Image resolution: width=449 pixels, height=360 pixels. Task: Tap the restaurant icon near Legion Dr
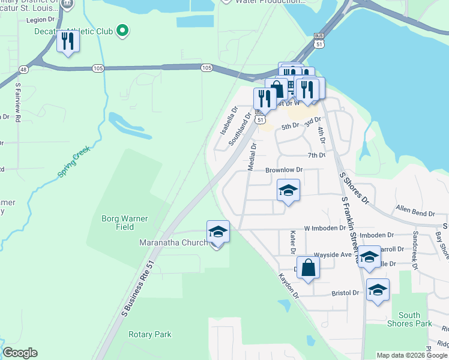point(67,41)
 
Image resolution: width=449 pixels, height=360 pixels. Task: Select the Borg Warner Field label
point(125,223)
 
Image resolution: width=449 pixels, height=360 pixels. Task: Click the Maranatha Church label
point(174,242)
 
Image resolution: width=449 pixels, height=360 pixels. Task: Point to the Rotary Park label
point(149,334)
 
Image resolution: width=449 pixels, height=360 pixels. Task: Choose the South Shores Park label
point(414,319)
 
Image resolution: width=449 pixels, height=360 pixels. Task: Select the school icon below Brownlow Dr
point(288,191)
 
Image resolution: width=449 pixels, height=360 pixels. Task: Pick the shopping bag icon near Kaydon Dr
point(308,268)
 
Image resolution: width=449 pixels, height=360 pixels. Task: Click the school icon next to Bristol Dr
point(377,290)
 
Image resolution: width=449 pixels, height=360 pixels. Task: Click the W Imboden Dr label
point(325,228)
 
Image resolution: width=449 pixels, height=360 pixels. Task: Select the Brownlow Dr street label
point(285,170)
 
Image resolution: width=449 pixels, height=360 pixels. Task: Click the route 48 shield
point(23,69)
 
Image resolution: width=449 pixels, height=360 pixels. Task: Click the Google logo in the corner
point(20,352)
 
